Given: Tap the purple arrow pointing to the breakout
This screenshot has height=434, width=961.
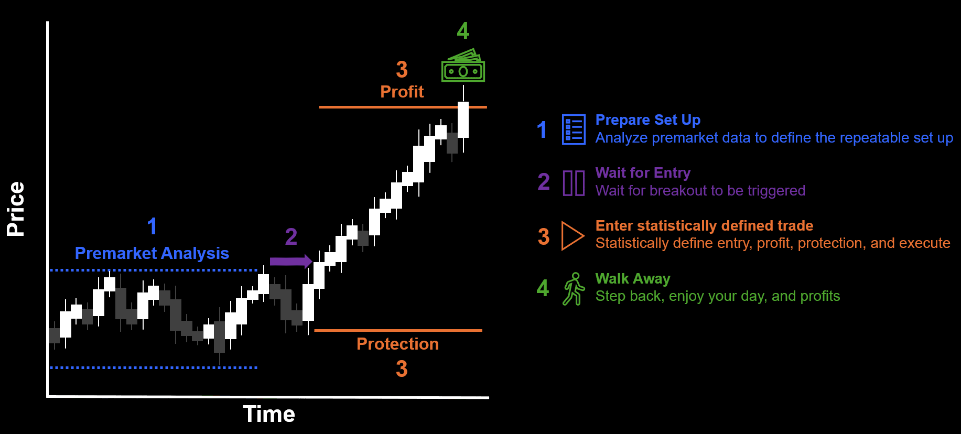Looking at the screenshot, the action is point(291,261).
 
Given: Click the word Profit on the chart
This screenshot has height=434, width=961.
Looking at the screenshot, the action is point(402,92).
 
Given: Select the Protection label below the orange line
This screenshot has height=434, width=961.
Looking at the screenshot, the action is point(397,344).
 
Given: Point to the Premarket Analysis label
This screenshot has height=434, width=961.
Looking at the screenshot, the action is point(152,253).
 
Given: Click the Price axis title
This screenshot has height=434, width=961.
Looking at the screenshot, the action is point(16,209).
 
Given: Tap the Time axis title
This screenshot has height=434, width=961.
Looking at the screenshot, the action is point(269,414).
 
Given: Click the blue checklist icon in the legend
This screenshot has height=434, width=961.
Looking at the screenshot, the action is point(574,129).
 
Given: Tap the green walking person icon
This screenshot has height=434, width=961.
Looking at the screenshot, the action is point(574,289).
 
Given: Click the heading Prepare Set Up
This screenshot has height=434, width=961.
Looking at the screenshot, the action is point(648,120).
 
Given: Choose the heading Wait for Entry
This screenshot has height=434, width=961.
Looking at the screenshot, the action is point(643,173).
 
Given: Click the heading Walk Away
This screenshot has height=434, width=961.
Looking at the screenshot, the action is point(633,279).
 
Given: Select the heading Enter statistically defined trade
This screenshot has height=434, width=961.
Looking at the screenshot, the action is point(704,226).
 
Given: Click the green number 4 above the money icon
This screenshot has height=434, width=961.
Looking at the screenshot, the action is point(463,30).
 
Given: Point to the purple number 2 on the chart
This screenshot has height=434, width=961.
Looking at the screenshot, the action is point(291,236).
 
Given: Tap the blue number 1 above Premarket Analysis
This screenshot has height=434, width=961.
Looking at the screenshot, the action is point(152,226).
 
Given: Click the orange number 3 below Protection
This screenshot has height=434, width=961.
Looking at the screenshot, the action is point(402,368).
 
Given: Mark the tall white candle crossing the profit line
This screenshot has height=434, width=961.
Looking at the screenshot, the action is point(463,120).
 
